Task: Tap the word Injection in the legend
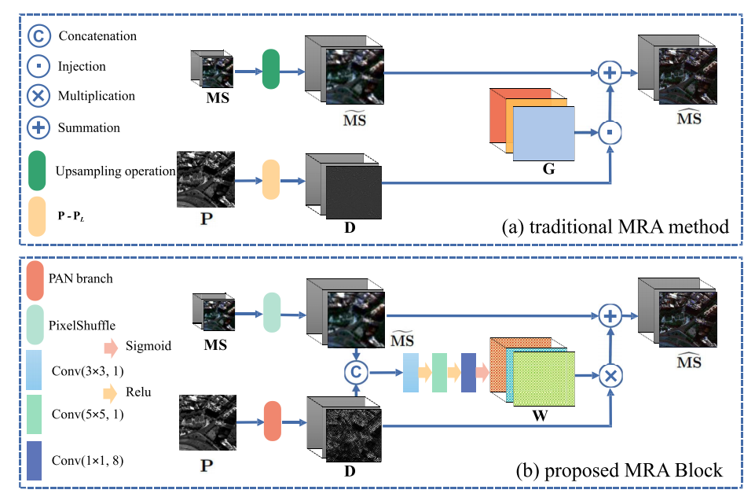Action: pos(82,67)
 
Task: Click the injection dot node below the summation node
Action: pos(610,133)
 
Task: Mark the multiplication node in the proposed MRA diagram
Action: pos(610,375)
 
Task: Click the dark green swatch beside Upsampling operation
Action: pos(37,171)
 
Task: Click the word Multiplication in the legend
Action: pos(97,97)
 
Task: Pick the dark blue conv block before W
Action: pos(469,372)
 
